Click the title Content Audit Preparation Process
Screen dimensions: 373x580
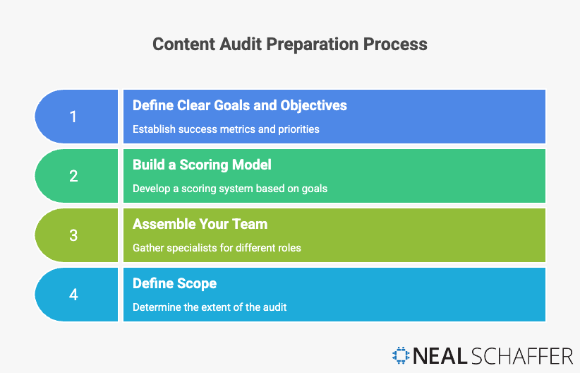[290, 44]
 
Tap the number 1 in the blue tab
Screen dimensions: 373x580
[73, 117]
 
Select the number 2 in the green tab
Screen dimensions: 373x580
[73, 176]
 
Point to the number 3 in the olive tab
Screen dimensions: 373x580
[73, 235]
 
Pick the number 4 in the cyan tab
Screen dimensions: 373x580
[73, 295]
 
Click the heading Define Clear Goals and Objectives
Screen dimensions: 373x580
[240, 105]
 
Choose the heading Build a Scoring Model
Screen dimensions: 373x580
[203, 165]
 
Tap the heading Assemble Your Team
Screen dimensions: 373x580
[200, 224]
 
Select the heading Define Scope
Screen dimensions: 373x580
[175, 283]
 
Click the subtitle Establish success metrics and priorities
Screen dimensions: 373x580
[226, 129]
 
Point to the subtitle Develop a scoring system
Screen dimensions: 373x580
[230, 189]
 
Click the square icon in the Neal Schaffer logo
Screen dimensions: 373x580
[401, 355]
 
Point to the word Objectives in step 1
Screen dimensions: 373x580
[314, 105]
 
